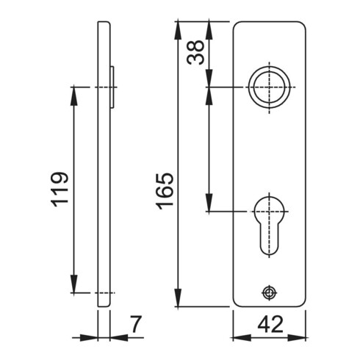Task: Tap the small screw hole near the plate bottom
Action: click(270, 292)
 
